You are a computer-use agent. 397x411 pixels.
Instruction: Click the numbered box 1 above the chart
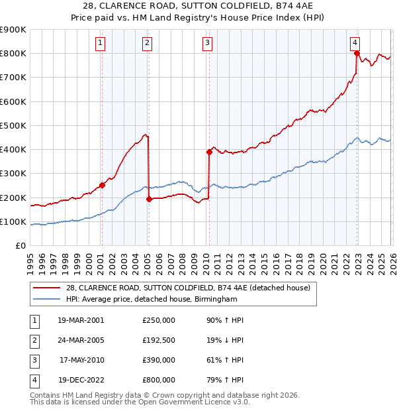(x=100, y=44)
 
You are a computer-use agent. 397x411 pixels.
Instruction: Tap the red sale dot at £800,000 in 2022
(x=357, y=53)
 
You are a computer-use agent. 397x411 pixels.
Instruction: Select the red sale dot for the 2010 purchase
(x=209, y=152)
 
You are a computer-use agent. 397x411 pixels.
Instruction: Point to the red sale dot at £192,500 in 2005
(x=149, y=199)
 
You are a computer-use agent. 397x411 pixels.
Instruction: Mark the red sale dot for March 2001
(x=102, y=185)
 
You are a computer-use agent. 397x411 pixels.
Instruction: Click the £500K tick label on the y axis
(x=13, y=125)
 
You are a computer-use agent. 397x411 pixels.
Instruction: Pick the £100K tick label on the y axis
(x=13, y=221)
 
